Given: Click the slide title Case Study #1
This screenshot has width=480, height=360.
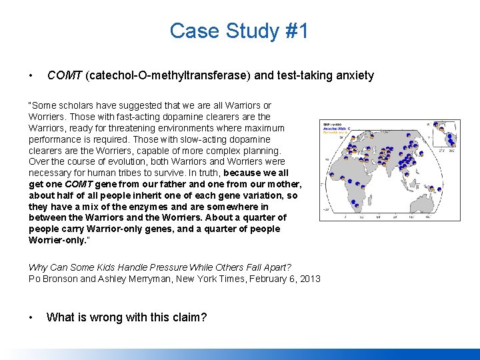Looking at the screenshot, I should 239,31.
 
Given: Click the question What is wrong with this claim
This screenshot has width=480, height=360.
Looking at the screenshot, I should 127,317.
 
